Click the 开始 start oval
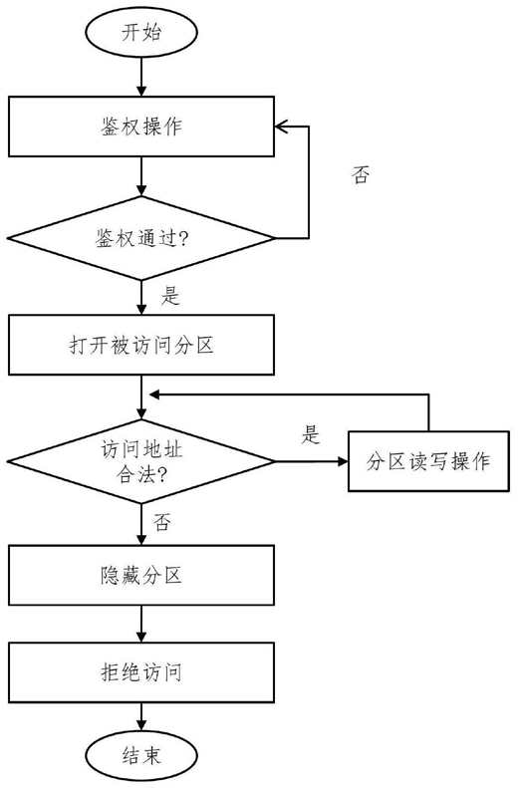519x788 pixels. (x=141, y=33)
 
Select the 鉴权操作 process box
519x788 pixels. (x=141, y=127)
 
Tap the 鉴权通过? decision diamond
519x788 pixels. (x=141, y=238)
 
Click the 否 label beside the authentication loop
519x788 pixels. (x=361, y=175)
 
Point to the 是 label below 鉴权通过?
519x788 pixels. (x=170, y=296)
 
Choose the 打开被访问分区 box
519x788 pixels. (x=141, y=345)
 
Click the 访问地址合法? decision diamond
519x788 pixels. (x=141, y=461)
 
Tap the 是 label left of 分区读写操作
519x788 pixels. (x=311, y=434)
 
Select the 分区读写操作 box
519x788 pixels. (x=428, y=461)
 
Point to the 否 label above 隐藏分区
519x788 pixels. (x=161, y=522)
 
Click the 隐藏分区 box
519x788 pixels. (x=141, y=575)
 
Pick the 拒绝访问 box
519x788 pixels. (x=141, y=671)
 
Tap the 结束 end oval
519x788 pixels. (x=141, y=755)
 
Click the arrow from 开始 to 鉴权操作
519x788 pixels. (x=141, y=77)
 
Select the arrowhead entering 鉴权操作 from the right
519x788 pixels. (x=281, y=127)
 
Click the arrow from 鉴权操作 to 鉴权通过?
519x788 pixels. (x=141, y=176)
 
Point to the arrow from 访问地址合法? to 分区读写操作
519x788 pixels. (x=312, y=461)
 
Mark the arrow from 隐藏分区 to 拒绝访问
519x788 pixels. (x=141, y=624)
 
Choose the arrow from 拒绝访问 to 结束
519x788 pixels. (x=141, y=716)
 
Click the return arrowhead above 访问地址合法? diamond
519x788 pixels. (x=154, y=395)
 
